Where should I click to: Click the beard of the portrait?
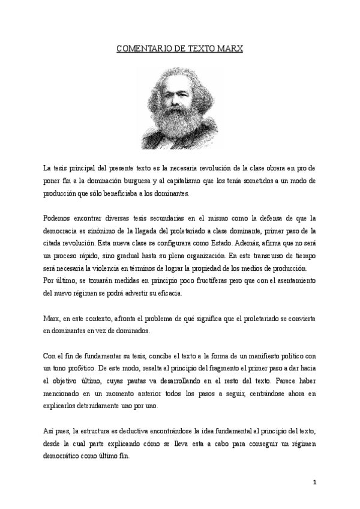(180, 123)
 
